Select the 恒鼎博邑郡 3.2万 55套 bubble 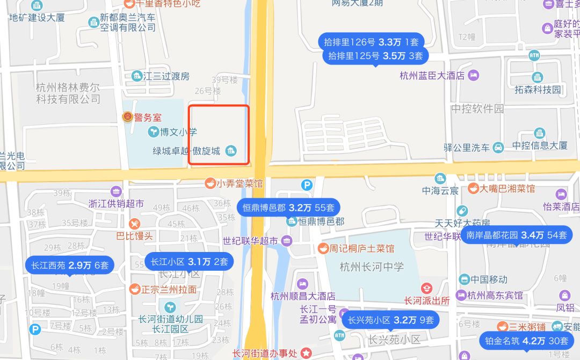coord(288,207)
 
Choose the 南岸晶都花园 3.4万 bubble coord(517,235)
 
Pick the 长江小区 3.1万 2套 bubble coord(189,262)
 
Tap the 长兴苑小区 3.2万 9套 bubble coord(390,320)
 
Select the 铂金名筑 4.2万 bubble coord(526,341)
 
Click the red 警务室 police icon coord(128,117)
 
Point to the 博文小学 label coord(180,132)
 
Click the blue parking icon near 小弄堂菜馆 coord(307,185)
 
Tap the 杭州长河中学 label coord(372,267)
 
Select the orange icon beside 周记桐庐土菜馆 coord(323,248)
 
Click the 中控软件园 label coord(477,109)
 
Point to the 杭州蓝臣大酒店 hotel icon coord(473,75)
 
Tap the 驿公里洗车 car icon coord(498,147)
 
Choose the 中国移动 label coord(489,279)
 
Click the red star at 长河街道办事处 coord(306,353)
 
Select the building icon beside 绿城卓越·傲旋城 coord(231,150)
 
